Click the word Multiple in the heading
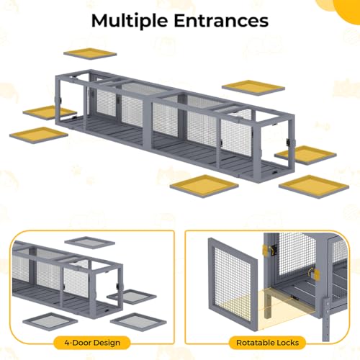(x=130, y=21)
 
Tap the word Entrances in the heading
(x=221, y=20)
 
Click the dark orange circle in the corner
(x=348, y=9)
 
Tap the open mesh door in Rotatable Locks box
(x=233, y=283)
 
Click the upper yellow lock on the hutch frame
(x=266, y=250)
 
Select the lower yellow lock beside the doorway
(x=317, y=275)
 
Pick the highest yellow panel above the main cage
(x=90, y=54)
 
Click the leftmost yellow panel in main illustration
(x=39, y=135)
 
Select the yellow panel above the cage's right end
(x=253, y=88)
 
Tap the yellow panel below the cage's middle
(x=204, y=186)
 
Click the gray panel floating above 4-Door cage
(x=90, y=243)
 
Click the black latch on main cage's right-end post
(x=288, y=142)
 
